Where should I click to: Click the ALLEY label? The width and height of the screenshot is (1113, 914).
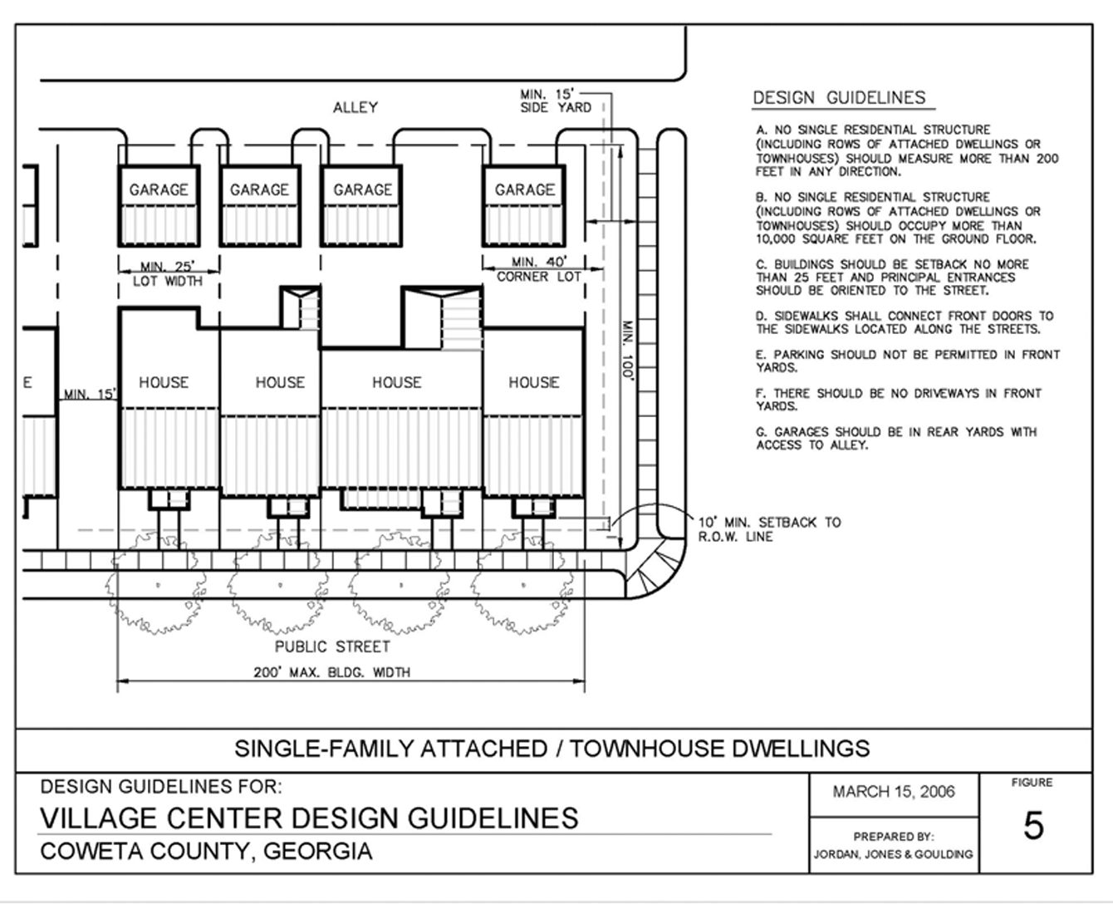(x=355, y=107)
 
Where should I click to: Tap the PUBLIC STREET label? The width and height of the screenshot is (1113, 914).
(x=332, y=646)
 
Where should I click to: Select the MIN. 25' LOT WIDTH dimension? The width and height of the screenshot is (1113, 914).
(x=167, y=273)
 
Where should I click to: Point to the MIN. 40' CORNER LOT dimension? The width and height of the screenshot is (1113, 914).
(x=538, y=269)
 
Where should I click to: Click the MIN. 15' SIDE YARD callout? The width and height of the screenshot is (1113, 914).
(x=555, y=101)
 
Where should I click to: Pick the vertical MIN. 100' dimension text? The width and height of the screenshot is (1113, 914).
(x=627, y=350)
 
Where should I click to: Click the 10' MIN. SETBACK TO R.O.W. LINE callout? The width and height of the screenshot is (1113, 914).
(x=769, y=529)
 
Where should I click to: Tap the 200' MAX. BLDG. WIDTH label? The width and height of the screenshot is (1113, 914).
(x=331, y=672)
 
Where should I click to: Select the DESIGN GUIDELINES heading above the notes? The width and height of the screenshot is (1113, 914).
(x=839, y=98)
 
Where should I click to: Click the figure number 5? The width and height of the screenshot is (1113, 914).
(x=1033, y=826)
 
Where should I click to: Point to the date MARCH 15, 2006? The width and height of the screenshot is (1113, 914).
(x=894, y=792)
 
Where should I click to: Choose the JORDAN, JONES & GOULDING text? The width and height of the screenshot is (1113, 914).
(x=893, y=854)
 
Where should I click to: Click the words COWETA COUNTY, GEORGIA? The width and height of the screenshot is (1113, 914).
(x=206, y=851)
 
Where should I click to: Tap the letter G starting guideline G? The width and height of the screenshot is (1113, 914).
(x=761, y=432)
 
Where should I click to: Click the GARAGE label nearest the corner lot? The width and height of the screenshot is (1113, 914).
(x=524, y=189)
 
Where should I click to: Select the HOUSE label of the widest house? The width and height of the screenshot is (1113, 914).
(x=397, y=382)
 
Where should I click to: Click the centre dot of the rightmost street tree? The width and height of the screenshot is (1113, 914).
(x=523, y=585)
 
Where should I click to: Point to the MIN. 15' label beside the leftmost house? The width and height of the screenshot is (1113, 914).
(x=90, y=394)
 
